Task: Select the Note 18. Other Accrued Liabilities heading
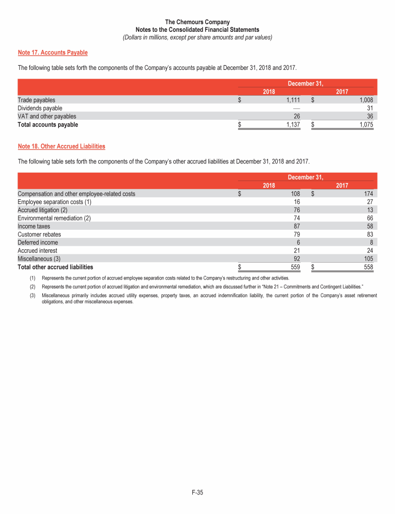click(61, 146)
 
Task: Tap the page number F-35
click(197, 493)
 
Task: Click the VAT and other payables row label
click(47, 116)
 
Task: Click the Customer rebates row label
click(39, 234)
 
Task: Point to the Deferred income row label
click(38, 243)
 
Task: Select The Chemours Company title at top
click(197, 22)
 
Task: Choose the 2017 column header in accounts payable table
click(342, 91)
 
